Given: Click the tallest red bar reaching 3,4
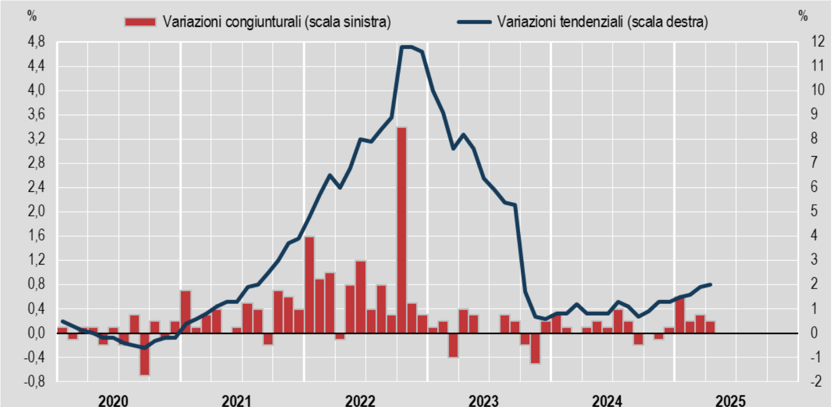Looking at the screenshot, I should (401, 229).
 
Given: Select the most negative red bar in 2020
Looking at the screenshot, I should (145, 354).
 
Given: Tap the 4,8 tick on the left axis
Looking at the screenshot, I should (36, 42).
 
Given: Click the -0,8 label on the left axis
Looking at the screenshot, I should (34, 381).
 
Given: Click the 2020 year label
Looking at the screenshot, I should (113, 401).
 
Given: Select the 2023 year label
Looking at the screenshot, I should (483, 401).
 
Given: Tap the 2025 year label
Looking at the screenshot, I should (730, 401).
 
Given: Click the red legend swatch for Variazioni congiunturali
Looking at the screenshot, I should (140, 22).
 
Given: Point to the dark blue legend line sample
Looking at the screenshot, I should (474, 22).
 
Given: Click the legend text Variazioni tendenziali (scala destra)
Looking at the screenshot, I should (603, 22).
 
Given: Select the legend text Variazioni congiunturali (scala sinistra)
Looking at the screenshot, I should (276, 22).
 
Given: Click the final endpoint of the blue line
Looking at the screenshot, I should (710, 284).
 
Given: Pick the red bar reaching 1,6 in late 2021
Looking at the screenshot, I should (309, 285).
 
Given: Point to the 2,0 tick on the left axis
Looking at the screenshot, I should (36, 211).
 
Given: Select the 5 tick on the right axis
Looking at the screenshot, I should (814, 211).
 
